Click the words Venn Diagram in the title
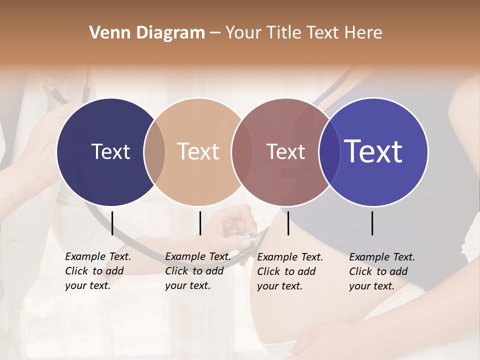[147, 33]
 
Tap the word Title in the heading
[285, 33]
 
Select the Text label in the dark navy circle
[110, 152]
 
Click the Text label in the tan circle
[198, 152]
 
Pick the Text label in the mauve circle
[285, 152]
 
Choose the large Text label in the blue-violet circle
[373, 151]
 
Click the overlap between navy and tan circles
[154, 152]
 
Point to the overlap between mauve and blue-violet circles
[329, 152]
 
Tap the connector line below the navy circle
[112, 223]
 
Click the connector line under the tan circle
[200, 223]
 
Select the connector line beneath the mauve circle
[288, 223]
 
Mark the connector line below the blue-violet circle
[372, 223]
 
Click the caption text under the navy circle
[97, 271]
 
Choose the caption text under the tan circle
[197, 271]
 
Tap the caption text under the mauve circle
[289, 271]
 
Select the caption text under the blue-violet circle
[381, 271]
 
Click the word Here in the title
[363, 33]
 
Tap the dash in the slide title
[214, 33]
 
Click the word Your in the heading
[244, 33]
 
